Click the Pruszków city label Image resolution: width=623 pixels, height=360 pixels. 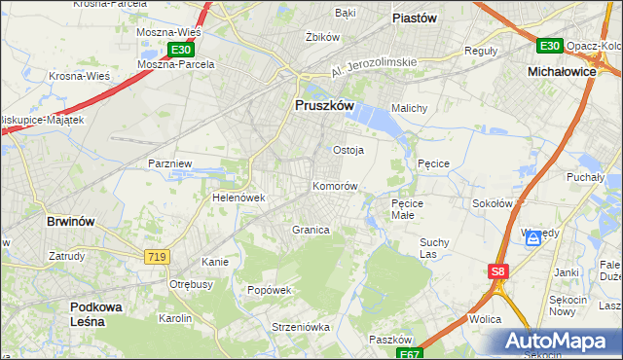point(322,106)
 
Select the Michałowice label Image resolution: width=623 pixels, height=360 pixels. point(561,72)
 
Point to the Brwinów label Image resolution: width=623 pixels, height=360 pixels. point(71,221)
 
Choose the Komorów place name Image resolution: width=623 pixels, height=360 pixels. point(336,186)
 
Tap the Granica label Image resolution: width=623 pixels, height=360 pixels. point(311,231)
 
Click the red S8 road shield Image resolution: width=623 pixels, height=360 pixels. point(497,272)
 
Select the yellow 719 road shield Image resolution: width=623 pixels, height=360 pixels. point(155,256)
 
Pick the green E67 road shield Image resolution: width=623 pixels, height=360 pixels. point(412,354)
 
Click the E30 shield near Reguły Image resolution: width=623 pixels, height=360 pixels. point(549,46)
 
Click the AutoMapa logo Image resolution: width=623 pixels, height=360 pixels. point(562,342)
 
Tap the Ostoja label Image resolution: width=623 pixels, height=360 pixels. point(348,150)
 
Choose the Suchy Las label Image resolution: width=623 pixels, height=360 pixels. point(431,248)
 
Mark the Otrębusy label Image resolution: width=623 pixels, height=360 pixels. point(192,284)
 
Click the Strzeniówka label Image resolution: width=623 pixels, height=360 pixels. point(275,327)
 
